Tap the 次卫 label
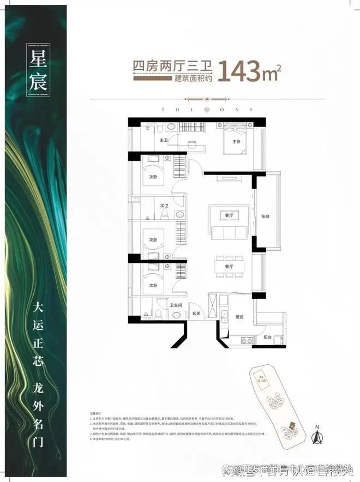(x=164, y=206)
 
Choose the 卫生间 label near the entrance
(x=176, y=305)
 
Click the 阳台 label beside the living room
(x=266, y=215)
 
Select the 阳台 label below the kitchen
(x=267, y=338)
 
